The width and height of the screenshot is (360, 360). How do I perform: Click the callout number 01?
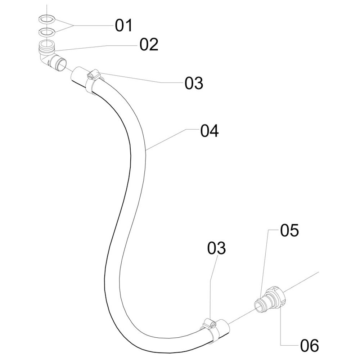click(123, 26)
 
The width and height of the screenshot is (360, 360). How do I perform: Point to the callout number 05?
click(289, 231)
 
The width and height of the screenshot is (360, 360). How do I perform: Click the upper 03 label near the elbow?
click(194, 83)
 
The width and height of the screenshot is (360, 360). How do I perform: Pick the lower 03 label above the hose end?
click(216, 248)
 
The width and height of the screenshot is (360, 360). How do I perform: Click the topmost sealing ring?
click(47, 19)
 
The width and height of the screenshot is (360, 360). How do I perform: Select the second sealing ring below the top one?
click(47, 32)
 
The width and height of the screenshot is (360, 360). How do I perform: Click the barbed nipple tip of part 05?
click(258, 305)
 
